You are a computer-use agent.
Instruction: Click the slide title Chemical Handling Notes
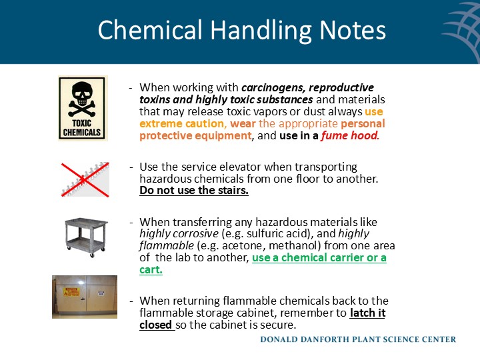point(241,31)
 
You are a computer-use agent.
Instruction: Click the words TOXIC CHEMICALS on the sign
point(82,128)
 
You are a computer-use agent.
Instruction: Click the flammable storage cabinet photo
point(85,297)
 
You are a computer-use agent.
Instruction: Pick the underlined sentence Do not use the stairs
point(194,191)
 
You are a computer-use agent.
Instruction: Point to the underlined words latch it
point(368,313)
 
